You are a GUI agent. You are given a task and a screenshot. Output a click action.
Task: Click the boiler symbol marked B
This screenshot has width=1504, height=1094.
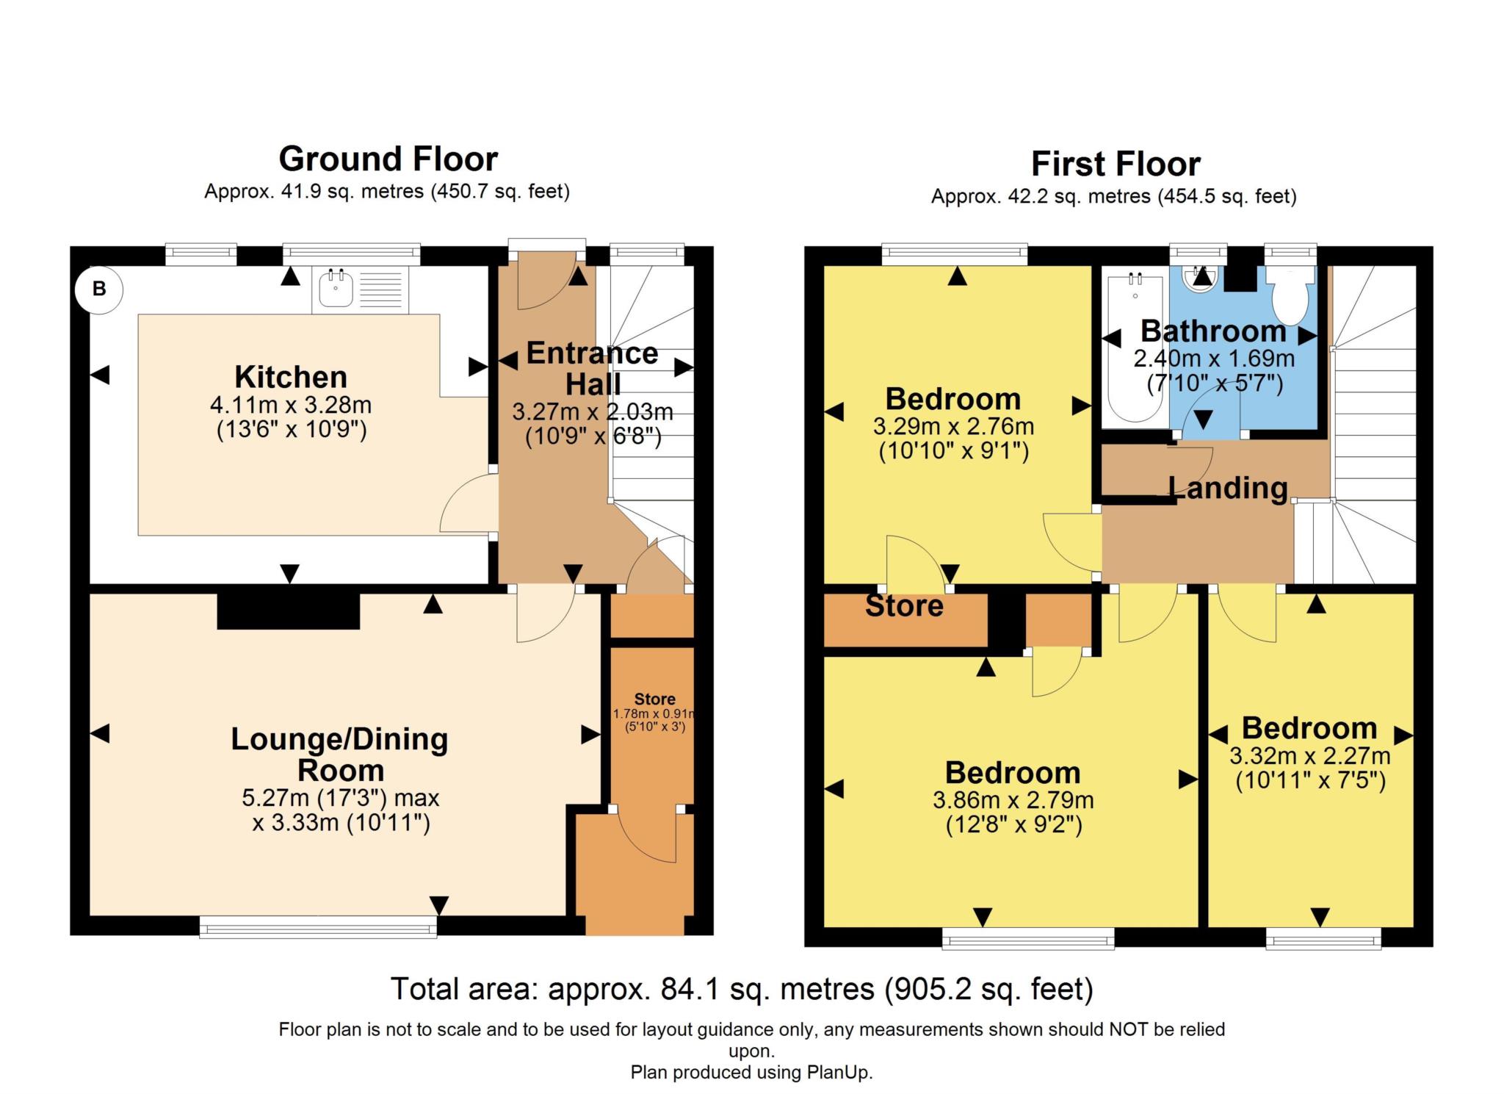99,289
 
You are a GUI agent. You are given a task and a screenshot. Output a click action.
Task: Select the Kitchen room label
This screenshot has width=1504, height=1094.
291,377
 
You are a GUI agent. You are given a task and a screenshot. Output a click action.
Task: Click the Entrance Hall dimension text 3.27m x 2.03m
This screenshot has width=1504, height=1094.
593,411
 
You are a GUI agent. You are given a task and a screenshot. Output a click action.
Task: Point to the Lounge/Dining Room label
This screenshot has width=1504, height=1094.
340,755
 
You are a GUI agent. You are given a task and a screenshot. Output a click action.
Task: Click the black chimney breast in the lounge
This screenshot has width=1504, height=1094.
289,611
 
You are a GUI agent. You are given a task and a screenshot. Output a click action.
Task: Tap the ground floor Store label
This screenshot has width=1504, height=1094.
655,699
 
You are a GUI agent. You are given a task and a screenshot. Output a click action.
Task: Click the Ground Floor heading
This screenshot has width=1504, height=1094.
388,159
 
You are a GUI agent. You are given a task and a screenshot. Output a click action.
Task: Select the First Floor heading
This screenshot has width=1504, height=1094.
1116,164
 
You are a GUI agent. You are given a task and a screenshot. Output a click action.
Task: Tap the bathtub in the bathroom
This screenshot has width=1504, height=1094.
1135,348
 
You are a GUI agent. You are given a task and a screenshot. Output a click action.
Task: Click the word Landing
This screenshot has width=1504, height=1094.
1228,488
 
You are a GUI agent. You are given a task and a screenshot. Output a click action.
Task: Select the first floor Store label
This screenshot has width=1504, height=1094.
904,606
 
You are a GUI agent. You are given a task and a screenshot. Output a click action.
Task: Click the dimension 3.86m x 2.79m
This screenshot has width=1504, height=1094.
1013,800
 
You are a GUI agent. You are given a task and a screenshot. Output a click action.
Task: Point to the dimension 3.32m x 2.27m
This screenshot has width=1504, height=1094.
1310,755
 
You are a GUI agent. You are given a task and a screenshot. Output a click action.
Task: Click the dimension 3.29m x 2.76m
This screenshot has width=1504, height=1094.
953,426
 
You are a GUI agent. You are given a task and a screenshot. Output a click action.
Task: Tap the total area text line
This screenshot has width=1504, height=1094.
742,989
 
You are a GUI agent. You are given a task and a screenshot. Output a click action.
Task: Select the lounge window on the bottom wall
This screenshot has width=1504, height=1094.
318,926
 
